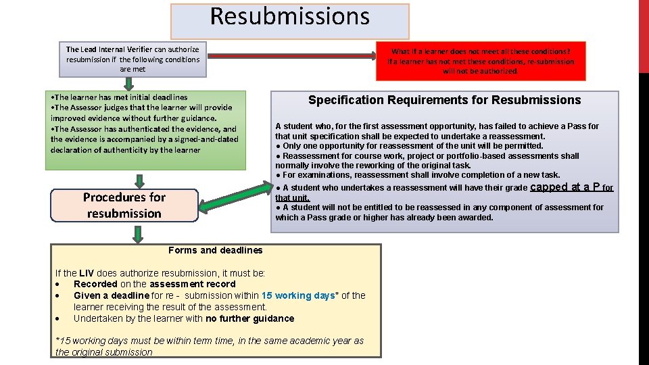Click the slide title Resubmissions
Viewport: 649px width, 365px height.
pyautogui.click(x=289, y=16)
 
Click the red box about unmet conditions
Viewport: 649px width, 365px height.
pyautogui.click(x=481, y=61)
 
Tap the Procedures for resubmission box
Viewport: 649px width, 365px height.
pyautogui.click(x=124, y=205)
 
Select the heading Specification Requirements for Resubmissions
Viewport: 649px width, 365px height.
pyautogui.click(x=444, y=100)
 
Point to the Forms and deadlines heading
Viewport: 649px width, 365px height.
pyautogui.click(x=215, y=250)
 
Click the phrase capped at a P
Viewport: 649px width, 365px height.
pyautogui.click(x=565, y=187)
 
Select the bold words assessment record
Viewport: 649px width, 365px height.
pyautogui.click(x=195, y=284)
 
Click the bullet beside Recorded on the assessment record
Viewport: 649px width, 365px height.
pyautogui.click(x=59, y=284)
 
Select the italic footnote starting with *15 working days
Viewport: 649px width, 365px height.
pyautogui.click(x=209, y=346)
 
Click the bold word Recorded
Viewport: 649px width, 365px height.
pyautogui.click(x=95, y=284)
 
